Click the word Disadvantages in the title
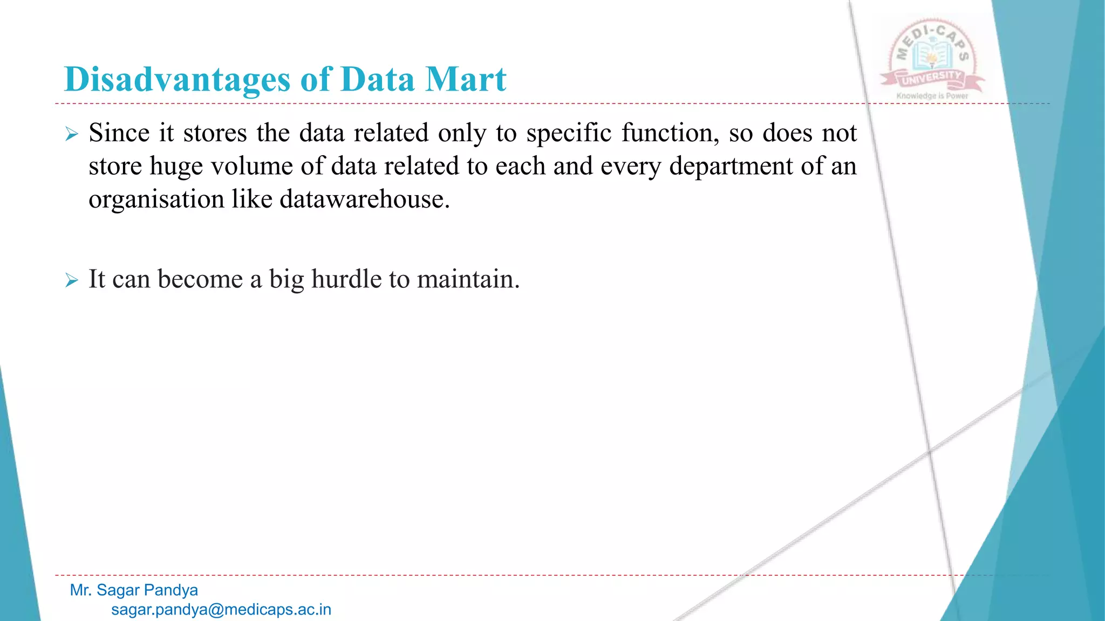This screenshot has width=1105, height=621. pos(177,79)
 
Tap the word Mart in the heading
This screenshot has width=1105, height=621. pos(466,79)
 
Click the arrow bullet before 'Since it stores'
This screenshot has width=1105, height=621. pos(71,134)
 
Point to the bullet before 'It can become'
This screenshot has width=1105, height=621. pos(71,280)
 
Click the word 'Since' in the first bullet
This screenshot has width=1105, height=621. pos(119,133)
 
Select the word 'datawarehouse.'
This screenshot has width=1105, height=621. pos(364,199)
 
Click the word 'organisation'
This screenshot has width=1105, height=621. pos(156,199)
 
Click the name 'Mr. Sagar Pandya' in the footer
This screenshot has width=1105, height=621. pos(134,590)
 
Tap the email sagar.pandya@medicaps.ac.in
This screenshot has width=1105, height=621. pos(221,610)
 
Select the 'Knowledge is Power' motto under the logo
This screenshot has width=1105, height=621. pos(932,96)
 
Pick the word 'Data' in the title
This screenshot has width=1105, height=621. pos(377,79)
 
